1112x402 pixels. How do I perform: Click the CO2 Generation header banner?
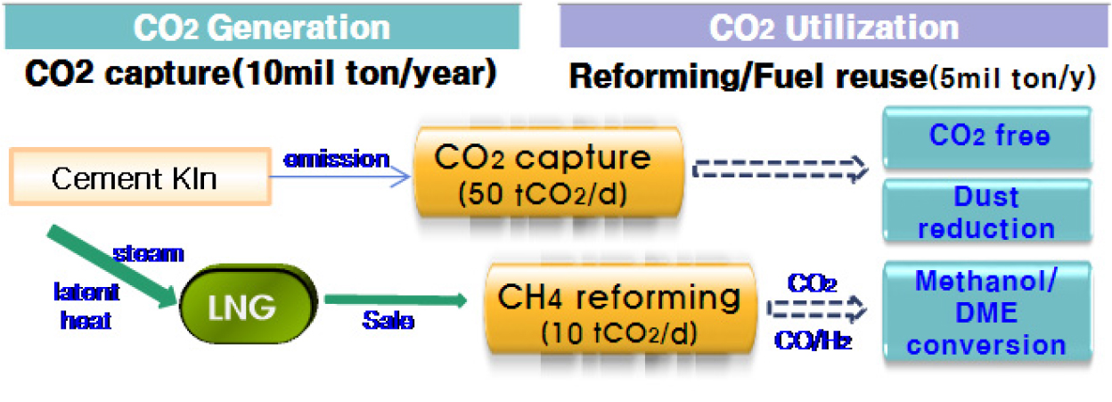(262, 27)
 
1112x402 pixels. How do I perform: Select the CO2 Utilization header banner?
(833, 26)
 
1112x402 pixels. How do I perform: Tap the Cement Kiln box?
(141, 176)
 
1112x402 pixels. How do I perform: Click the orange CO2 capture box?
(549, 172)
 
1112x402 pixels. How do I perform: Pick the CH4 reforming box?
(620, 309)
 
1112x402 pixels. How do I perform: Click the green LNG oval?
(249, 304)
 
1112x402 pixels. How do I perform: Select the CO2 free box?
(988, 137)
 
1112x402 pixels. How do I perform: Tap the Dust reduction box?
(988, 211)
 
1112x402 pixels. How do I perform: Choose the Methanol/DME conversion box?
(988, 312)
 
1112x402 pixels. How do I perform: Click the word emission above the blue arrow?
(336, 160)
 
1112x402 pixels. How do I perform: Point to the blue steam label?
(149, 254)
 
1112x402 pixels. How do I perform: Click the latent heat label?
(86, 306)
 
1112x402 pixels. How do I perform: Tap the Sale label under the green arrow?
(388, 320)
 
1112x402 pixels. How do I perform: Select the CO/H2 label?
(814, 340)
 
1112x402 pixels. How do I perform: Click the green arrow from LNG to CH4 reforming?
(396, 299)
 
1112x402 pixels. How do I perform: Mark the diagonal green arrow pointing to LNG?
(112, 267)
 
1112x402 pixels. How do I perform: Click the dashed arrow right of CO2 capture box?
(781, 169)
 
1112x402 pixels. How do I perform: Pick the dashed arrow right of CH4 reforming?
(816, 309)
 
